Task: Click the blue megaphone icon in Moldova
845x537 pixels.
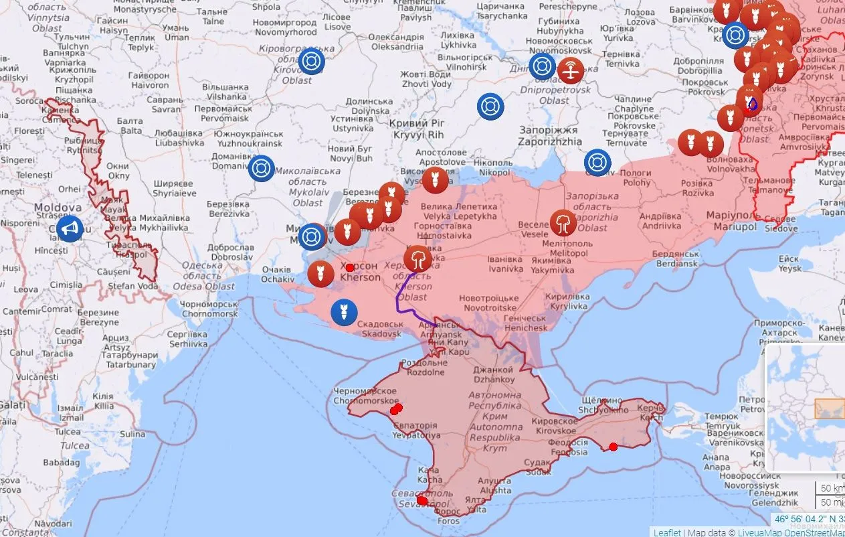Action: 69,230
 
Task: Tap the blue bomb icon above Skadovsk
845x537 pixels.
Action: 345,312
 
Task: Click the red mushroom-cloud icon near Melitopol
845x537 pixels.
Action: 563,223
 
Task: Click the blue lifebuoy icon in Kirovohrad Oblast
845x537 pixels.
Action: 311,62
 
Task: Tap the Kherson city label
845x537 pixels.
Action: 360,272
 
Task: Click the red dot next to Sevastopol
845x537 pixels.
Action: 421,500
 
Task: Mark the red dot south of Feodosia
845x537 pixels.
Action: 613,447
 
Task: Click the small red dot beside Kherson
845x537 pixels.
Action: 349,267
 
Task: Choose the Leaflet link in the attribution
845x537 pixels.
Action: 666,532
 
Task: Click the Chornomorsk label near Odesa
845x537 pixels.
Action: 209,309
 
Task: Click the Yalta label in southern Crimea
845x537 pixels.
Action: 476,505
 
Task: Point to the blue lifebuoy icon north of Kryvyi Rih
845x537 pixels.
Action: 490,106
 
